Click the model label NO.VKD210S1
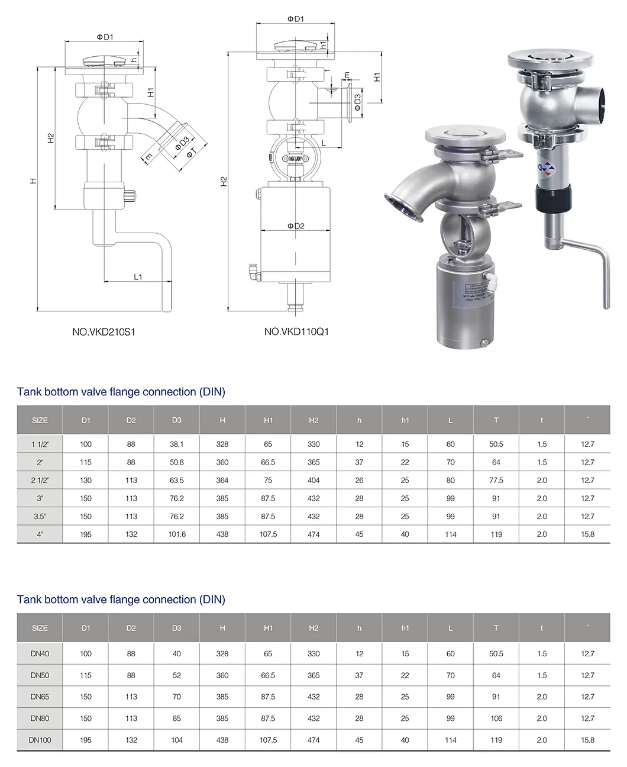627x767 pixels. pos(104,331)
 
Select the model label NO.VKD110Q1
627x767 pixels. pos(296,331)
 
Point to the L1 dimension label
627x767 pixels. pos(138,276)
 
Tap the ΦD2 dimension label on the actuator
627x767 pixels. pos(296,226)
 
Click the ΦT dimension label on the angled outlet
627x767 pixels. pos(190,153)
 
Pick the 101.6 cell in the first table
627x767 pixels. pos(177,534)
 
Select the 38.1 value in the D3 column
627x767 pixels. pos(177,444)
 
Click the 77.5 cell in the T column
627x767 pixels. pos(496,480)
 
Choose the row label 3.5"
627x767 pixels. pos(40,516)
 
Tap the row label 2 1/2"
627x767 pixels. pos(40,480)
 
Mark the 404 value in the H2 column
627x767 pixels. pos(313,480)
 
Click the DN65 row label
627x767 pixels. pos(40,697)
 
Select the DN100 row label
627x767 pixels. pos(40,740)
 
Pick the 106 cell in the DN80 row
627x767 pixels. pos(496,718)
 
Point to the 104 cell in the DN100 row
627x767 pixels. pos(177,740)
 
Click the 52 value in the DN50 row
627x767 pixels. pos(177,675)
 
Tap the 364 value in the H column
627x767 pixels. pos(222,480)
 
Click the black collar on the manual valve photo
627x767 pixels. pos(553,198)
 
